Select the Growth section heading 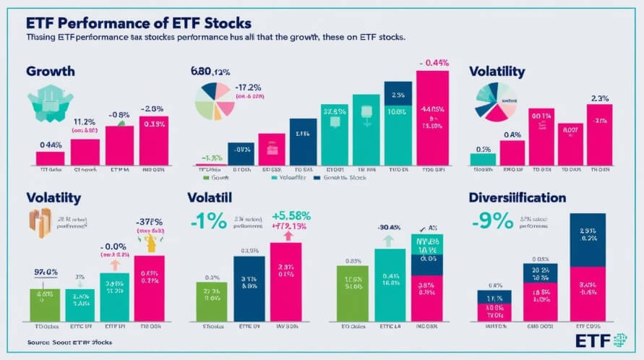[x=51, y=72]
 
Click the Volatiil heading [x=215, y=197]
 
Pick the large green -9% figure [x=493, y=220]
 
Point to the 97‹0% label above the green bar [x=47, y=272]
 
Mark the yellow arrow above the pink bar [x=153, y=244]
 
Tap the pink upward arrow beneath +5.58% [x=289, y=235]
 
